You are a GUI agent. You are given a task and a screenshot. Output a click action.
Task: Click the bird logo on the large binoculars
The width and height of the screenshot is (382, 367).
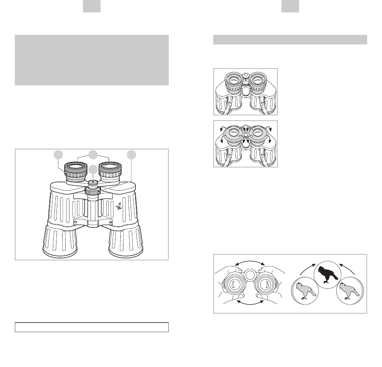tap(119, 206)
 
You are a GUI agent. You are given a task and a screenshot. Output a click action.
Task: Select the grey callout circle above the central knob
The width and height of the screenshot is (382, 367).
tap(93, 169)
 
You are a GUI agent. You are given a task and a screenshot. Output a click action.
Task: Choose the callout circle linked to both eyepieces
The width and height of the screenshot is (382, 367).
tap(93, 155)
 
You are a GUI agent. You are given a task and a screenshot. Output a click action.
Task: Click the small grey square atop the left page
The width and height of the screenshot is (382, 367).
tap(92, 6)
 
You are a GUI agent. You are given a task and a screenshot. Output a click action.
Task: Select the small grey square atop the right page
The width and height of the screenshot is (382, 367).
tap(290, 6)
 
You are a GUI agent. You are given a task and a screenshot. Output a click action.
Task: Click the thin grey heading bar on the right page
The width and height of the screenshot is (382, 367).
tap(290, 40)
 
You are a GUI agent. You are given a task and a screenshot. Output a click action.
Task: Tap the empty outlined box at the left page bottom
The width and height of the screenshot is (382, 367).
tap(91, 327)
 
